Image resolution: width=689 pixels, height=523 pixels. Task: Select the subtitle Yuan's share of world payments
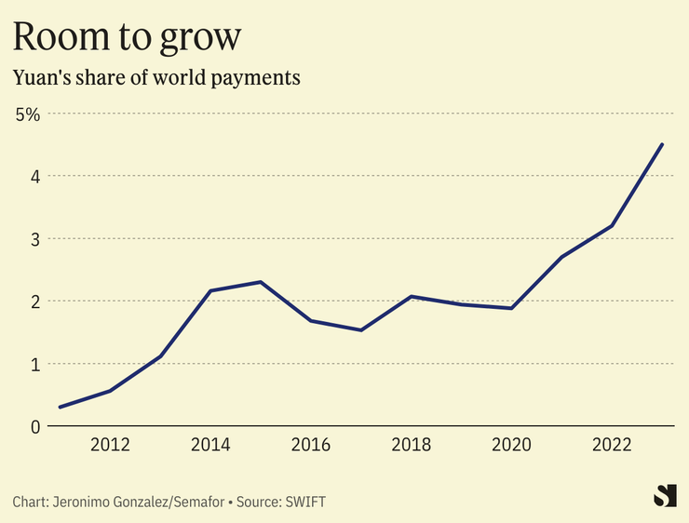pos(156,78)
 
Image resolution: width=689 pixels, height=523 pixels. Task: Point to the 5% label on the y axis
pos(28,114)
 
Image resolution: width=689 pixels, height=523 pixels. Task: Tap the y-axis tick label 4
pos(34,176)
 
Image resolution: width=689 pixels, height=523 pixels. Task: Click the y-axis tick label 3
pos(34,239)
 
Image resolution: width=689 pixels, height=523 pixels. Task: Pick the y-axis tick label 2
pos(34,302)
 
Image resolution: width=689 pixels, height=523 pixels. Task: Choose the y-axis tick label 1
pos(34,364)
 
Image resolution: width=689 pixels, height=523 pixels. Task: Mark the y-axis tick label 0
pos(34,426)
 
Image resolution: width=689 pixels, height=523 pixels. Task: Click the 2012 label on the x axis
pos(110,445)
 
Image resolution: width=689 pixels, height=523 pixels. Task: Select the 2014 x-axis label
pos(211,445)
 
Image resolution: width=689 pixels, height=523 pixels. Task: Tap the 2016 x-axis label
pos(311,445)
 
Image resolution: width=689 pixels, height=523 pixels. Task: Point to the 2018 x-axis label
pos(412,445)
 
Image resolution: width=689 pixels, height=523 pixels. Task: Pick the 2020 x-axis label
pos(512,445)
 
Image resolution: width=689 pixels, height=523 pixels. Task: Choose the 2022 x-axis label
pos(613,445)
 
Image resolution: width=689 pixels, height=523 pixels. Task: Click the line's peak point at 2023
pos(662,144)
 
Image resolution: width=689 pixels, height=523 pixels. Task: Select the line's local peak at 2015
pos(261,282)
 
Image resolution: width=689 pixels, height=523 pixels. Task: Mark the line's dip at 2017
pos(361,329)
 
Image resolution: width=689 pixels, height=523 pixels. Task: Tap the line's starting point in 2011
pos(60,407)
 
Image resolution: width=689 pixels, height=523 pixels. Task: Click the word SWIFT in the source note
pos(305,502)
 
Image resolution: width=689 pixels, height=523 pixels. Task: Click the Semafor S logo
pos(664,496)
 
